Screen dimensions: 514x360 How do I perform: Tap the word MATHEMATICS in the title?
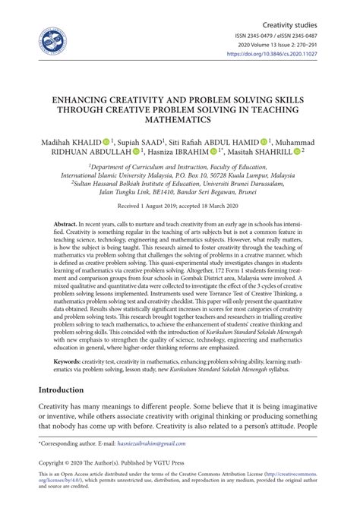[x=180, y=120]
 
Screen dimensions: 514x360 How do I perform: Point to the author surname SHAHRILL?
[x=274, y=151]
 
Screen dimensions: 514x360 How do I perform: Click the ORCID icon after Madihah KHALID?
[x=106, y=141]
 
